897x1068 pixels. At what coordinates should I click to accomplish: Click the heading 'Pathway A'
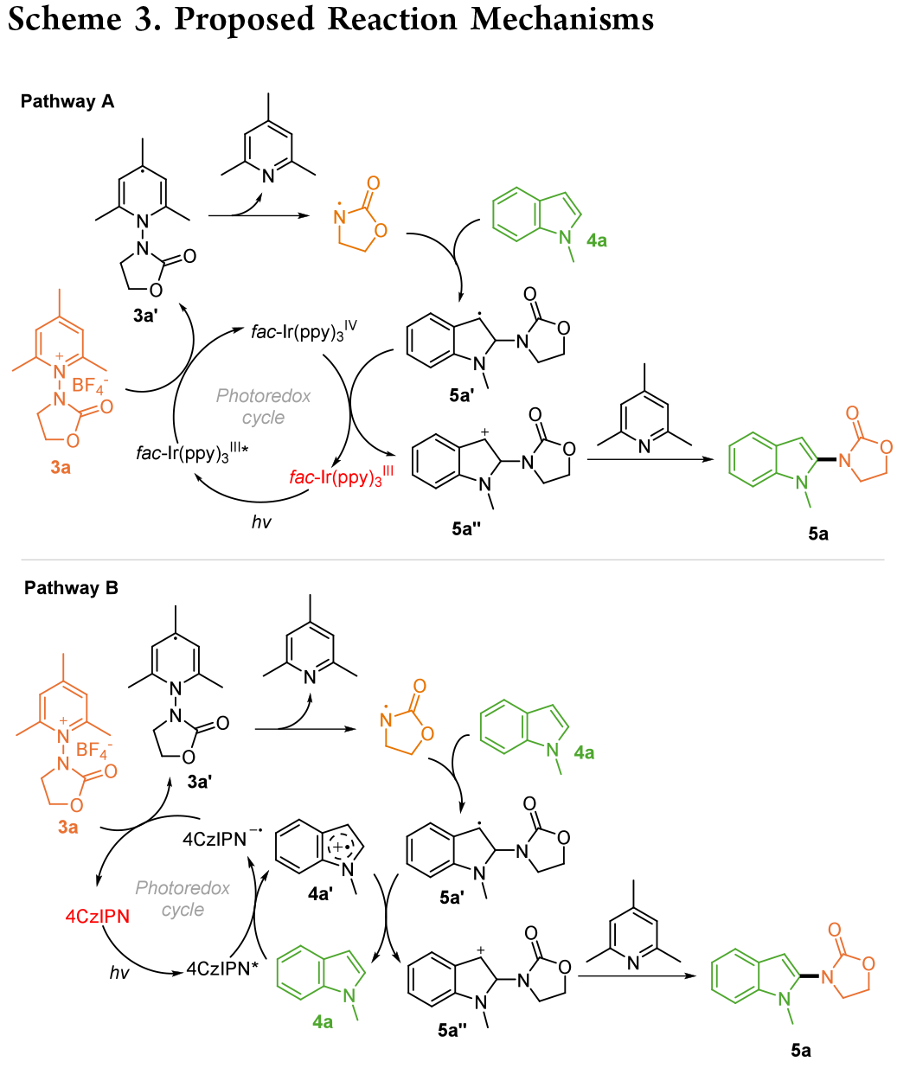[67, 101]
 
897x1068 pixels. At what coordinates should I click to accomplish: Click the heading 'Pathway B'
[71, 588]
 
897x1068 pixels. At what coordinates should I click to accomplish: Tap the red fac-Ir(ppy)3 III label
[341, 476]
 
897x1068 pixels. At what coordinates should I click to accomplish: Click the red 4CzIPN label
[98, 917]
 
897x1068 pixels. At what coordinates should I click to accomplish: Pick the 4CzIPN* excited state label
[222, 969]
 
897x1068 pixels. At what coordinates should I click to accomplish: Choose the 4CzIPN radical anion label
[221, 838]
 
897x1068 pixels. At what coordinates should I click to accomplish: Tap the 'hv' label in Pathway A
[260, 522]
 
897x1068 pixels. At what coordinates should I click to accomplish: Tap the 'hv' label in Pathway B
[119, 973]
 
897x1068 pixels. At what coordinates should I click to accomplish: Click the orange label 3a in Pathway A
[60, 468]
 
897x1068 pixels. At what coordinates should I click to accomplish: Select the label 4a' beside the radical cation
[320, 894]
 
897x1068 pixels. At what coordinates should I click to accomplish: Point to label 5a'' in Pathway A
[465, 528]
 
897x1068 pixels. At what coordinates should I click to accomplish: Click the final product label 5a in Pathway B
[801, 1050]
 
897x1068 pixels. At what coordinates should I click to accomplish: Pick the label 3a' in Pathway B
[199, 782]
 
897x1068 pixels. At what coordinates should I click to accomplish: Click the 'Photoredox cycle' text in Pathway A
[263, 406]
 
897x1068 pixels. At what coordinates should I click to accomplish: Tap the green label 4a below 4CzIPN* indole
[323, 1022]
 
